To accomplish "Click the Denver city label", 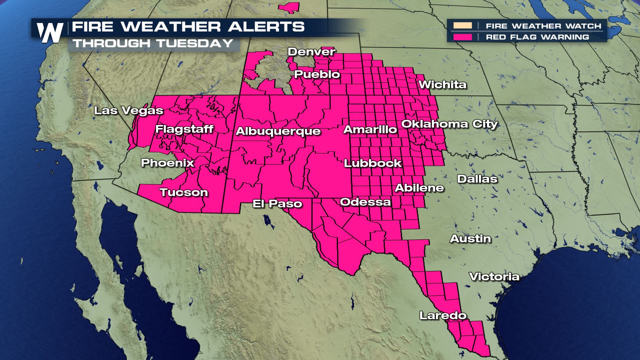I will tap(311, 52).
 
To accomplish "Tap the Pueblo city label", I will tap(317, 74).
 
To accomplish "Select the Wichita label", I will tap(442, 84).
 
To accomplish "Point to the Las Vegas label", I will tap(128, 110).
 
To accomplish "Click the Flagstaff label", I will tap(184, 129).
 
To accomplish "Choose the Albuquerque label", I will tap(278, 131).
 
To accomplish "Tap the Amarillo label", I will tap(370, 129).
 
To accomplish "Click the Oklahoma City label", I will tap(449, 124).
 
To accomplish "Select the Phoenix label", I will tap(167, 163).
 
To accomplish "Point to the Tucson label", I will tap(184, 192).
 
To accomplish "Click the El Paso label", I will tap(277, 203).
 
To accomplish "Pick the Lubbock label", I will tap(373, 163).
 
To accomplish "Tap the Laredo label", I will tap(443, 315).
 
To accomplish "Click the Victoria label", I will tap(494, 276).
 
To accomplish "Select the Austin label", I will tap(470, 239).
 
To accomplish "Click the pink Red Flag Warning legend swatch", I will tap(462, 37).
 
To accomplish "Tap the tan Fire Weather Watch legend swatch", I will tap(462, 26).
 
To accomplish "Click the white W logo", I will tap(50, 33).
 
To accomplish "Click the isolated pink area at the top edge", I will tap(289, 8).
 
